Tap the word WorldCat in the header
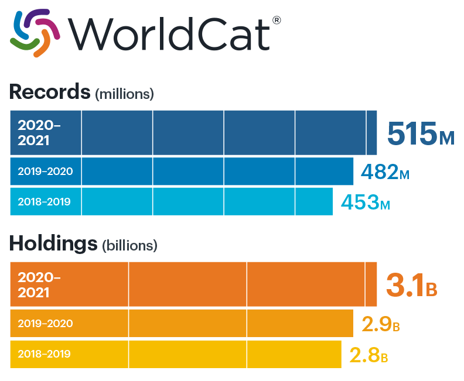pos(168,34)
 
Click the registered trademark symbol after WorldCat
pos(277,20)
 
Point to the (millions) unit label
pos(124,93)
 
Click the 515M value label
pos(420,133)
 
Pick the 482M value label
pos(385,171)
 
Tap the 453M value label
pos(365,202)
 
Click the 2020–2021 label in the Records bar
pos(39,133)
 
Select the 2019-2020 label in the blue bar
pos(45,171)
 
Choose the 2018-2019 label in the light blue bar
pos(44,202)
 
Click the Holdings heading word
pos(53,243)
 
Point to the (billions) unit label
pos(129,246)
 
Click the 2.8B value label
pos(369,354)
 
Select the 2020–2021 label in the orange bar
pos(39,284)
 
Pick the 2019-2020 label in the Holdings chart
pos(45,323)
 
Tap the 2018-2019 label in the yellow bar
pos(44,354)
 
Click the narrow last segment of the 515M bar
pos(371,133)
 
